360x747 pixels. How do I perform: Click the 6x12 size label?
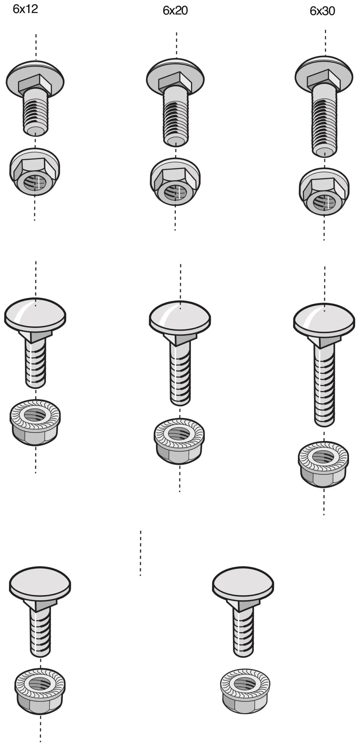click(x=25, y=9)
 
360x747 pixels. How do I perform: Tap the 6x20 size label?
click(x=175, y=11)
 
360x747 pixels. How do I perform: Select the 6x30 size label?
click(x=322, y=11)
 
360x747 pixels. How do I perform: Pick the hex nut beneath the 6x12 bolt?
click(x=35, y=172)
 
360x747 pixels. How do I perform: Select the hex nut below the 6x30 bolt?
click(x=324, y=192)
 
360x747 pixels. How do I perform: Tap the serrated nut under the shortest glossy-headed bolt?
click(x=35, y=422)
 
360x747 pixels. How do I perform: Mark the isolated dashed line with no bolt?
click(x=141, y=553)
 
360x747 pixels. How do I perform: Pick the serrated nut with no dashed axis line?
click(x=245, y=691)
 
